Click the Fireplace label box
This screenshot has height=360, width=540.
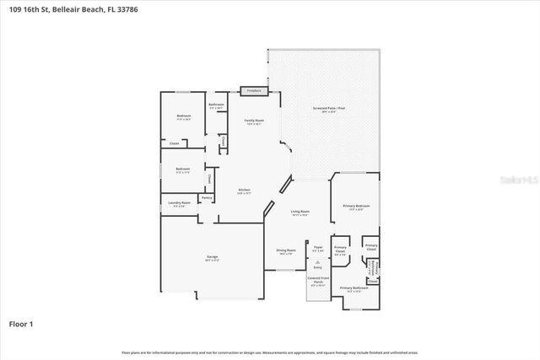252,90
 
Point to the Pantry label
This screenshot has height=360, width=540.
206,197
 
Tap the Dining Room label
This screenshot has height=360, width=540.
286,251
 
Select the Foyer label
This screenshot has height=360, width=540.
317,249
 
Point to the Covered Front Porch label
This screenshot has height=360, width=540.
318,284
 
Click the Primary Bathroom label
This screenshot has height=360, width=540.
353,289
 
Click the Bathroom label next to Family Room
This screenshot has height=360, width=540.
216,106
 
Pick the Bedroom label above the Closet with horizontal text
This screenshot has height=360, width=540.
183,117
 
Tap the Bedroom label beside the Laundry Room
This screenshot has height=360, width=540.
183,169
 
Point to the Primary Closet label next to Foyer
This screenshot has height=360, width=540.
340,250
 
